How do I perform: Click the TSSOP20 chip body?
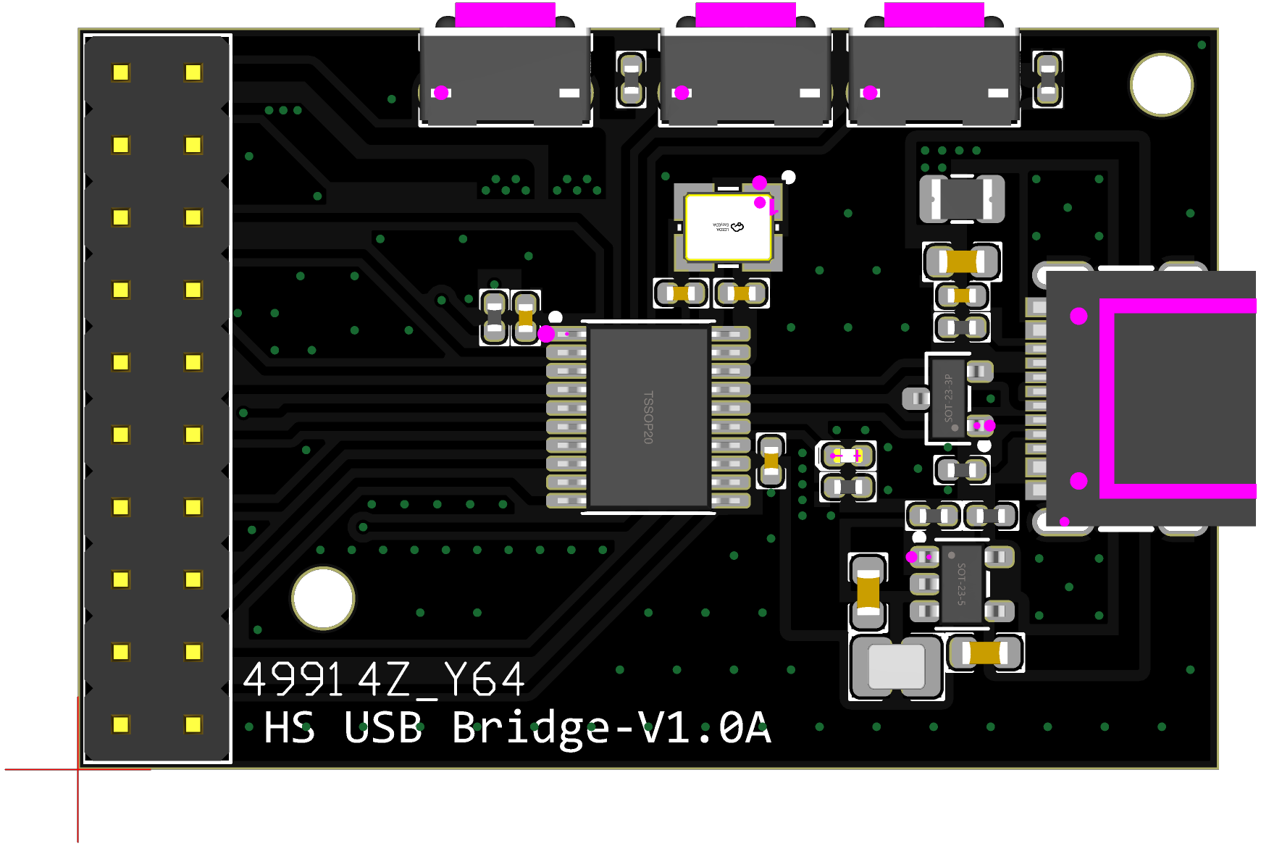[648, 417]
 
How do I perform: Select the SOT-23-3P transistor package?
[948, 398]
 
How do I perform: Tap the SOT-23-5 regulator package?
[960, 584]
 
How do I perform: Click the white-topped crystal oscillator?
[728, 227]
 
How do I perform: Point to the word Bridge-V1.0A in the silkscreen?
[611, 727]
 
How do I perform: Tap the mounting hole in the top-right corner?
[1161, 85]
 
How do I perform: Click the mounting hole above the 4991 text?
[323, 598]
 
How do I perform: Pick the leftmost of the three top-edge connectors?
[506, 76]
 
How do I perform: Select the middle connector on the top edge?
[745, 76]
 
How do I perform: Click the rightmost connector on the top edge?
[934, 76]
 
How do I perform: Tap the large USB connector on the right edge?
[1148, 398]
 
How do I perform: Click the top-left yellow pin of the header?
[121, 72]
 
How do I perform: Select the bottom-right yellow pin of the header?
[193, 724]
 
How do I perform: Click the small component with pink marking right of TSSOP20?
[847, 456]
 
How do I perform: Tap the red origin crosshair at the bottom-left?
[78, 769]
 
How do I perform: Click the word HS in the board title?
[289, 727]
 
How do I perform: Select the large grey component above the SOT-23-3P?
[962, 198]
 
